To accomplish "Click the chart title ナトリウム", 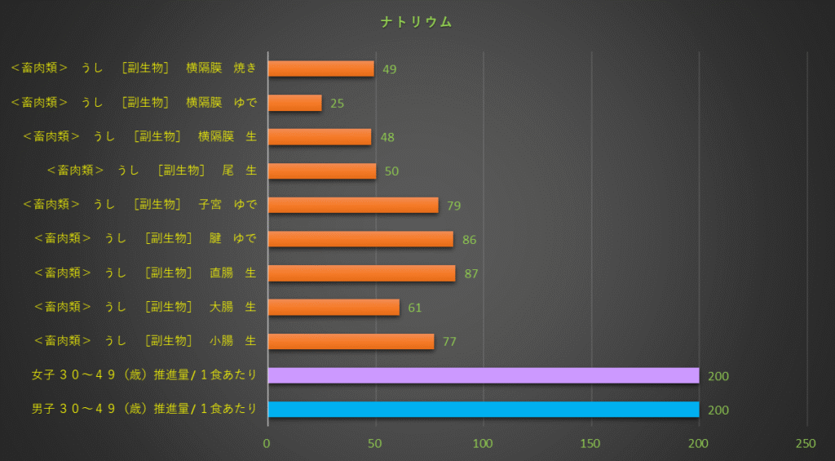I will (x=417, y=22).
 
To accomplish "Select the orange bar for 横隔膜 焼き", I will (x=320, y=69).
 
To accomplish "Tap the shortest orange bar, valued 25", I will (x=294, y=103).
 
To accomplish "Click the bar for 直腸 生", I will (x=361, y=273).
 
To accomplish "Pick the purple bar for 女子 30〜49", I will (x=483, y=375).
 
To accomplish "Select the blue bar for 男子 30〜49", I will (x=483, y=410).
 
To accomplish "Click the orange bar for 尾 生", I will (x=321, y=171).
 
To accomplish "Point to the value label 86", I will (x=469, y=240).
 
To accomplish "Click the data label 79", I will (x=454, y=206).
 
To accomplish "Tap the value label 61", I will (x=415, y=308).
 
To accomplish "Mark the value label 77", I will (x=449, y=342).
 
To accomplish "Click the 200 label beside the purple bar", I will (x=718, y=376).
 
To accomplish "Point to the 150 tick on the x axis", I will (x=590, y=443).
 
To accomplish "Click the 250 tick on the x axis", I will (x=806, y=443).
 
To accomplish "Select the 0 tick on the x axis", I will (x=267, y=443).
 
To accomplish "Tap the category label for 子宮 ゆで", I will (x=139, y=204).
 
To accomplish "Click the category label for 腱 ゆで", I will (x=145, y=238).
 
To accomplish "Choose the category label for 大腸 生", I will (x=145, y=307).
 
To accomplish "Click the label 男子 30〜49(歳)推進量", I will (x=144, y=409).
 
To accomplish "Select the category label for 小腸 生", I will (x=145, y=341).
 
